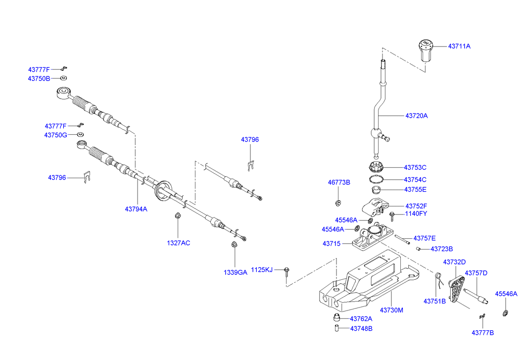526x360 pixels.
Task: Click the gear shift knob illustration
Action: click(x=425, y=51)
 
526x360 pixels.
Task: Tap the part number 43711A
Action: click(x=459, y=46)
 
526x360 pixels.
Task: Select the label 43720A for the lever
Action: click(x=416, y=115)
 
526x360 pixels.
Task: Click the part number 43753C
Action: click(x=415, y=167)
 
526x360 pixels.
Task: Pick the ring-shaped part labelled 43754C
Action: click(x=376, y=179)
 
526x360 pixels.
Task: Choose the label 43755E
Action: click(x=415, y=189)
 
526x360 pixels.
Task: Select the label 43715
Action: click(x=332, y=244)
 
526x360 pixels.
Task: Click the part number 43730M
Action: click(x=391, y=310)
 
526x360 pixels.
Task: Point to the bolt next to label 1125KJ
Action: click(x=287, y=271)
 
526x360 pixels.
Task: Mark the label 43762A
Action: click(x=361, y=319)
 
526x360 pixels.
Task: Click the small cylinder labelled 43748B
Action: click(x=336, y=328)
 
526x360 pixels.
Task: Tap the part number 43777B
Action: click(x=482, y=333)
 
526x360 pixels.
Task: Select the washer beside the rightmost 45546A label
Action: click(x=505, y=313)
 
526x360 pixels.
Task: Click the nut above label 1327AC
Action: click(x=178, y=216)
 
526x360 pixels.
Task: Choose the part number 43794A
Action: click(x=136, y=209)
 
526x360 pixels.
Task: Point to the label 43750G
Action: click(x=55, y=135)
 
